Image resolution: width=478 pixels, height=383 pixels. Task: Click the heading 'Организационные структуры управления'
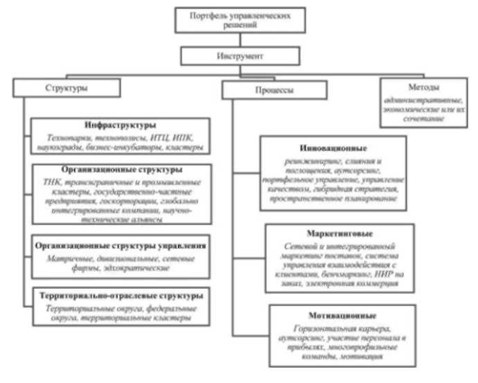[118, 246]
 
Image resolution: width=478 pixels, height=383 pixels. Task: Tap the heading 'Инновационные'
[335, 148]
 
